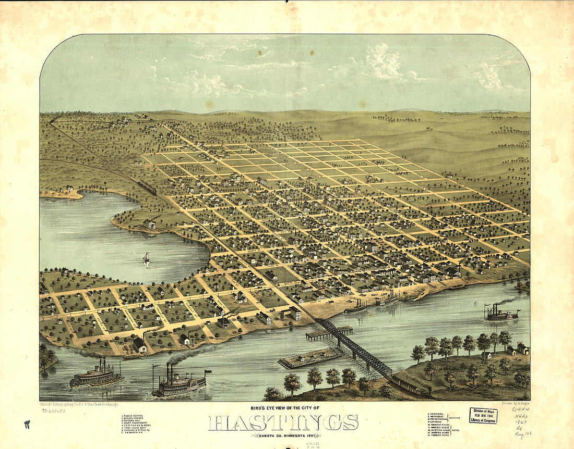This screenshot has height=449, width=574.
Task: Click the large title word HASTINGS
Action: click(283, 422)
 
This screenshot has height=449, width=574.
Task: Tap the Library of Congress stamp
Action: click(483, 415)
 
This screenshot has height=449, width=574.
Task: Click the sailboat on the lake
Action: click(147, 259)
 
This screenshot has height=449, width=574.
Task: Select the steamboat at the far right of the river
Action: click(501, 313)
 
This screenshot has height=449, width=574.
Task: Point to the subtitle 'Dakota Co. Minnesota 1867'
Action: click(283, 435)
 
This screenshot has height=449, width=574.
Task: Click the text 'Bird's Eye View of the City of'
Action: click(283, 408)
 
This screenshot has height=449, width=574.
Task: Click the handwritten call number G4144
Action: click(520, 410)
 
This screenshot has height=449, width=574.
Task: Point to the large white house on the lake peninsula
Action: click(149, 224)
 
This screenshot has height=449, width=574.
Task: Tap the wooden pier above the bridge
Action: click(329, 332)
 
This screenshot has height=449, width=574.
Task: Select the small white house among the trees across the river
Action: click(486, 356)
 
